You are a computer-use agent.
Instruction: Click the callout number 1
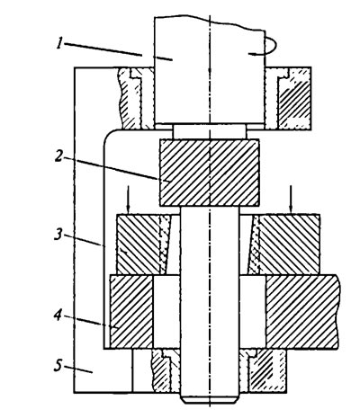pos(60,44)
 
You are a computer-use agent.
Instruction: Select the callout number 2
pos(58,156)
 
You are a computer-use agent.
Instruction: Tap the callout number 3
pos(58,235)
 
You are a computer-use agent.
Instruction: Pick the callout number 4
pos(58,316)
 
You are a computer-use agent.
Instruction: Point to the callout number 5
pos(58,366)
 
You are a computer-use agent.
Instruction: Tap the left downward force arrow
pos(129,200)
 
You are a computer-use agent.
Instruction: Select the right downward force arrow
pos(291,200)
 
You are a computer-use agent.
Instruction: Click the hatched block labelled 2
pos(210,173)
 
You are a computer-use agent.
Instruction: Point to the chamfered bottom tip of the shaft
pos(210,398)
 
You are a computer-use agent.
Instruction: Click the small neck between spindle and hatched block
pos(210,132)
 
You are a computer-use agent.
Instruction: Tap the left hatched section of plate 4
pos(132,312)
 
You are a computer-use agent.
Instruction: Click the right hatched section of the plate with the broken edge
pos(302,312)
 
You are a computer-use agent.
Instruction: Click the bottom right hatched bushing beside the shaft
pos(264,370)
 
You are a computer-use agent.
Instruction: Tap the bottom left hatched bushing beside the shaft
pos(166,370)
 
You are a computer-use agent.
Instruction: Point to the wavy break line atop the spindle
pos(210,22)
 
